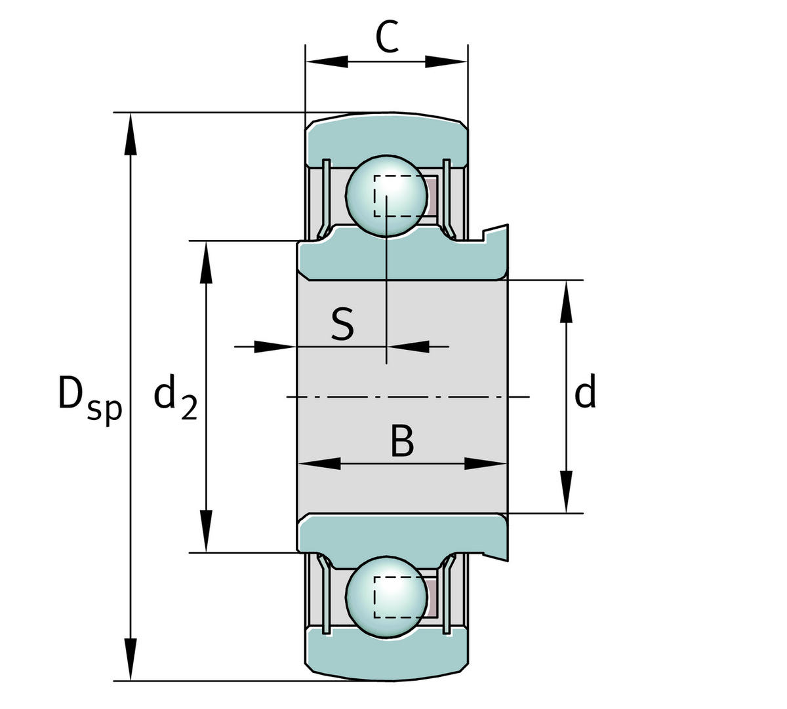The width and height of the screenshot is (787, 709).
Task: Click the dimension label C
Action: click(387, 38)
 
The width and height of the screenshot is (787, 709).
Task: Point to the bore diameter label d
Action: click(585, 393)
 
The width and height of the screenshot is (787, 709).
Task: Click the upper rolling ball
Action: click(387, 195)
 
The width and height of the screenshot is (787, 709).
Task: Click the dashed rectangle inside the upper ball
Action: click(398, 196)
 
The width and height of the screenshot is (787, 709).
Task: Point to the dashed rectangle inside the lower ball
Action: click(398, 597)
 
